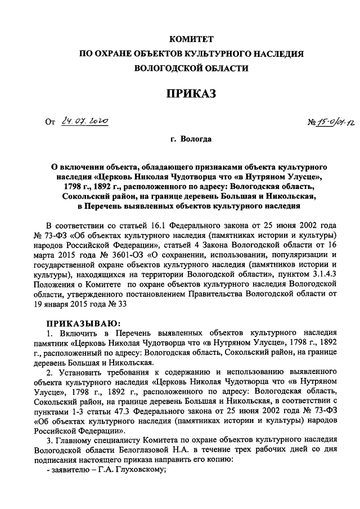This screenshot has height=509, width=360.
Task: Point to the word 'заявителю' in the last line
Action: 69,472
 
